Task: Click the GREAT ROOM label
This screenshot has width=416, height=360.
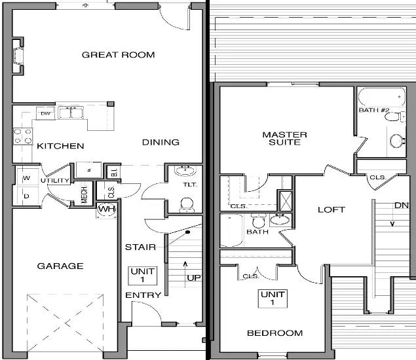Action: tap(118, 54)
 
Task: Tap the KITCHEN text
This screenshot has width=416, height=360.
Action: tap(60, 146)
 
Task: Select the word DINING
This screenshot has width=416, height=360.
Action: tap(161, 142)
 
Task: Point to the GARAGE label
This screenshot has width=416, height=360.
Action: tap(60, 266)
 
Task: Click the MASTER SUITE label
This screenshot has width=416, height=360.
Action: tap(284, 138)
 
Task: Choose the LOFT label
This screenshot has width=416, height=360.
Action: tap(331, 209)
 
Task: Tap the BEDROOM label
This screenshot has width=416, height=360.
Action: tap(274, 333)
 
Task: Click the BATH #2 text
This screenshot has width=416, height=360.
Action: tap(374, 110)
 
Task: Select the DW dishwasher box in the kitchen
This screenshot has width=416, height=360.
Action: tap(45, 114)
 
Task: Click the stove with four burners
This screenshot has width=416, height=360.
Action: tap(23, 135)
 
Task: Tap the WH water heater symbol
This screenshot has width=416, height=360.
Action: tap(105, 209)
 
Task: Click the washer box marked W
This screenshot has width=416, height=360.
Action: tap(27, 178)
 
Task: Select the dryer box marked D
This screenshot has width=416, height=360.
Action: tap(27, 195)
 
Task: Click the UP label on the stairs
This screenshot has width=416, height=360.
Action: tap(194, 278)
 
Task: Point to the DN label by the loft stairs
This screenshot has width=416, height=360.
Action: tap(401, 206)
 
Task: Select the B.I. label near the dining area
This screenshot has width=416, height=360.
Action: tap(113, 173)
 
